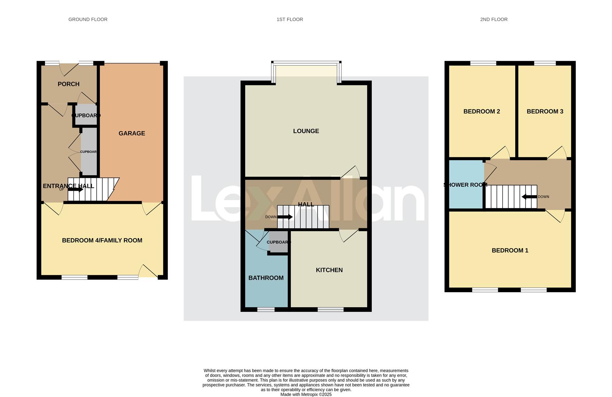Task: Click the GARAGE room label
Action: pyautogui.click(x=132, y=133)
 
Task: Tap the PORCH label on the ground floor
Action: pyautogui.click(x=68, y=84)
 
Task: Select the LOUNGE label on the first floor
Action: pyautogui.click(x=306, y=131)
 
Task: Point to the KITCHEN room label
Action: pyautogui.click(x=329, y=270)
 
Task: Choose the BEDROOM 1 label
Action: pyautogui.click(x=510, y=251)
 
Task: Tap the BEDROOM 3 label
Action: pyautogui.click(x=545, y=112)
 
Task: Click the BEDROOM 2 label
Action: pyautogui.click(x=481, y=112)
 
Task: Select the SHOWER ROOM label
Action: pyautogui.click(x=465, y=185)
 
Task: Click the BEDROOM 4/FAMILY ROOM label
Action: pyautogui.click(x=102, y=240)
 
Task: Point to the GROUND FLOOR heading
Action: pyautogui.click(x=88, y=19)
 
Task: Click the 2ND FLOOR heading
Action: pyautogui.click(x=494, y=19)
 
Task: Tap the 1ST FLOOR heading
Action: pyautogui.click(x=290, y=19)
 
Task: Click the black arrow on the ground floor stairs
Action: pyautogui.click(x=75, y=190)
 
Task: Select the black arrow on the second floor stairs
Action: pyautogui.click(x=529, y=197)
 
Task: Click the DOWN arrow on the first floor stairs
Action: pyautogui.click(x=285, y=217)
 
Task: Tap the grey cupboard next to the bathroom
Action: pyautogui.click(x=279, y=242)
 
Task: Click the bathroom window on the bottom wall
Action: pyautogui.click(x=266, y=310)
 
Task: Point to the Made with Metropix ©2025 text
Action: pyautogui.click(x=306, y=394)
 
